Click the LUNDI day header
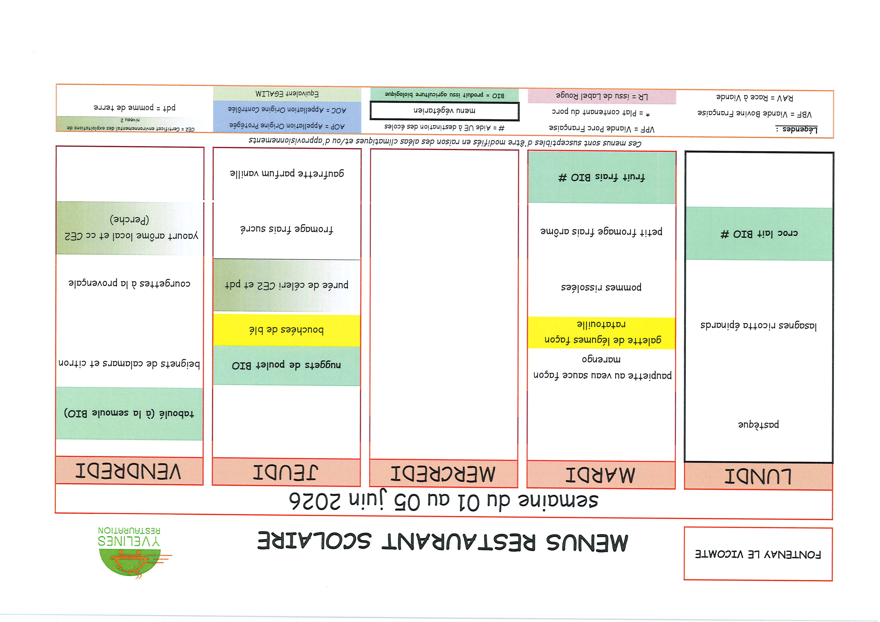tap(758, 476)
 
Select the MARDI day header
tap(601, 475)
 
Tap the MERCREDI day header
tap(444, 474)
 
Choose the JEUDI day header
tap(286, 472)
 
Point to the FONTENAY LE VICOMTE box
tap(758, 554)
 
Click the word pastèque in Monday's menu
tap(758, 424)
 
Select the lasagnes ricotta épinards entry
tap(758, 326)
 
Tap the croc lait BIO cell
tap(759, 234)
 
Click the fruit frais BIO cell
tap(601, 177)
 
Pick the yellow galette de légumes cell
tap(601, 333)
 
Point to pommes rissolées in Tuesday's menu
tap(601, 287)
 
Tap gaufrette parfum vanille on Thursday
tap(287, 173)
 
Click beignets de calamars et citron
tap(129, 363)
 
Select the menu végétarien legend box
tap(444, 111)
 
